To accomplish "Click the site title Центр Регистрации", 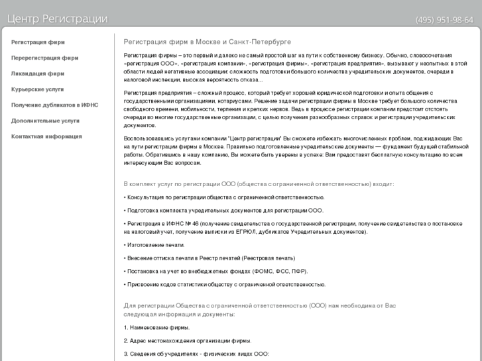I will (x=57, y=19).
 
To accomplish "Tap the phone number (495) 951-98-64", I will (x=444, y=20).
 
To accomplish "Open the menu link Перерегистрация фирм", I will (x=44, y=58).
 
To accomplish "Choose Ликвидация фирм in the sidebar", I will (x=38, y=74).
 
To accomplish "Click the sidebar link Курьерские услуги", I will (x=38, y=89).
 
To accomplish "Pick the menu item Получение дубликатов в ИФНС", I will (x=54, y=105).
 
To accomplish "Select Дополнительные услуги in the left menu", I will (x=45, y=121).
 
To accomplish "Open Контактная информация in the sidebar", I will (x=46, y=136).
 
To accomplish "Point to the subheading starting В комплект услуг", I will (x=259, y=183).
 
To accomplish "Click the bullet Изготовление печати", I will (x=155, y=245).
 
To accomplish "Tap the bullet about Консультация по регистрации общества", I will (x=225, y=197).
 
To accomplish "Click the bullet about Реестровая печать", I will (x=210, y=258).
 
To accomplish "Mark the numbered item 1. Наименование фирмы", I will (x=156, y=327).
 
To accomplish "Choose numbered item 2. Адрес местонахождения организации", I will (x=188, y=340).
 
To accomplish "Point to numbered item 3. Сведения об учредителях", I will (x=196, y=354).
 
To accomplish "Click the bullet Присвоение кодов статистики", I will (x=225, y=284).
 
